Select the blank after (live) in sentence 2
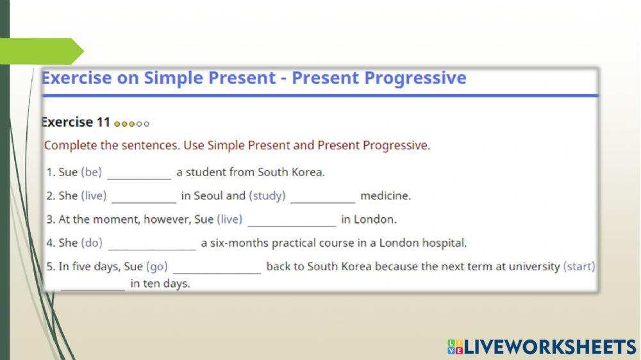coord(144,197)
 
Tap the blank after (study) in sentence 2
coord(322,197)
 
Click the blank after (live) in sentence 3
coord(292,220)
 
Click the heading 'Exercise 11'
coord(76,122)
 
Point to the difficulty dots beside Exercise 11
coord(132,124)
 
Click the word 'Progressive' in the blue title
coord(415,78)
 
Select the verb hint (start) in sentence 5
coord(579,266)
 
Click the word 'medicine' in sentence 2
coord(385,196)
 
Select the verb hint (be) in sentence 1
coord(91,172)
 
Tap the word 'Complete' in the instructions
coord(68,145)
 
